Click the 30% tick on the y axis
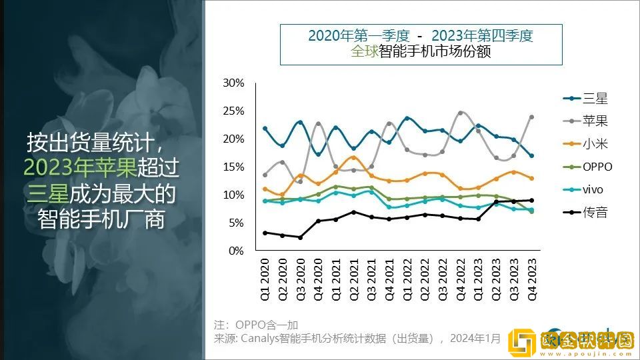(x=234, y=83)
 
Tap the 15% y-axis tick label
(x=234, y=167)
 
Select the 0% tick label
(x=237, y=251)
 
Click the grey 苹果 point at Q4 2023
(x=531, y=117)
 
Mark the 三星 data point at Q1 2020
(x=265, y=128)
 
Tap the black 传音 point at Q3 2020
(x=301, y=237)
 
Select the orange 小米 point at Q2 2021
(x=354, y=157)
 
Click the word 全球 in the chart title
(x=364, y=52)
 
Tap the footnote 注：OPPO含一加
(x=256, y=325)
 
